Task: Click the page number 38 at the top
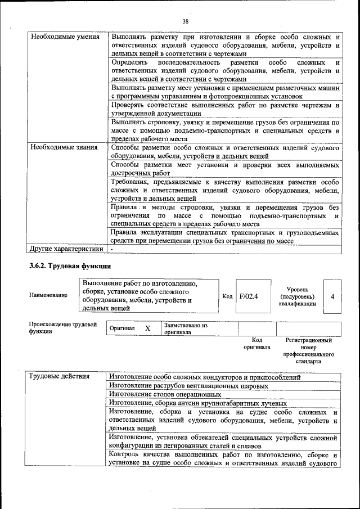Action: pyautogui.click(x=186, y=21)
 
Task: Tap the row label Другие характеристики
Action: pyautogui.click(x=66, y=248)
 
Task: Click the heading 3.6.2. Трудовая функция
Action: pyautogui.click(x=70, y=266)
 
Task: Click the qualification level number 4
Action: pyautogui.click(x=332, y=296)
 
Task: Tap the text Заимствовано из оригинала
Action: pyautogui.click(x=186, y=328)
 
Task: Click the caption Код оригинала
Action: pyautogui.click(x=256, y=344)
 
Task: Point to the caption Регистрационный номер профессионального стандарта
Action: pyautogui.click(x=309, y=351)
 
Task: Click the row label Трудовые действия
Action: pyautogui.click(x=60, y=377)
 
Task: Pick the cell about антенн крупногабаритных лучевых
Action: pyautogui.click(x=198, y=403)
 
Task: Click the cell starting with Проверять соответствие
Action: pyautogui.click(x=225, y=109)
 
